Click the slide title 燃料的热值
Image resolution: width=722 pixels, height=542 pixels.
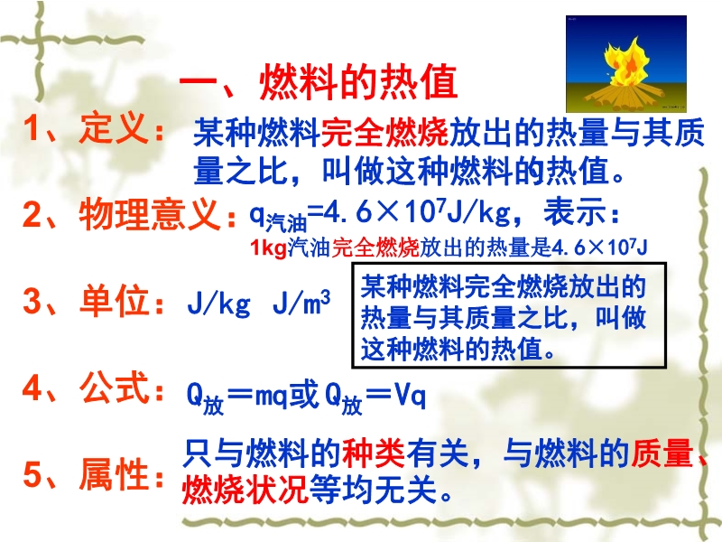point(357,83)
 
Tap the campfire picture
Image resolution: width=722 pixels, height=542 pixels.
point(626,63)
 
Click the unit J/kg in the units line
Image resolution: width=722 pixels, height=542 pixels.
point(219,304)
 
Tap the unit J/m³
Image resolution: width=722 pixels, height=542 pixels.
point(301,303)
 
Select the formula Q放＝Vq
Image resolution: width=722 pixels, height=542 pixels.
point(375,398)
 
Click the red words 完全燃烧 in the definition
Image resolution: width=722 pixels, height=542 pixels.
point(384,132)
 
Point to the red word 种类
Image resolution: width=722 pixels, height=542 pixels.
point(374,453)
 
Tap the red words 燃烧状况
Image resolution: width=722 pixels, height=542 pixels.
point(245,489)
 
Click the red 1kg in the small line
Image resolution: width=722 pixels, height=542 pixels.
point(268,248)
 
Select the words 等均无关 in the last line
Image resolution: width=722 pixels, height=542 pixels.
point(373,489)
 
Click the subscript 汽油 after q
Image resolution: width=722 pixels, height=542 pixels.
point(286,223)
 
